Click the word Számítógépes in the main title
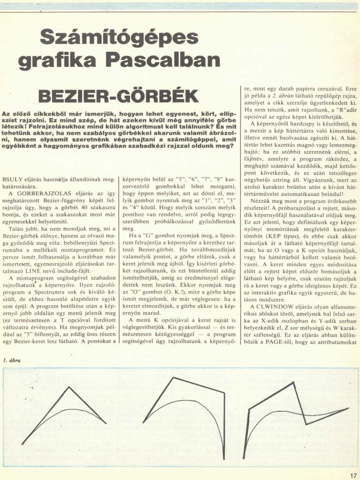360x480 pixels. pos(119,38)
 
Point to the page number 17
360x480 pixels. pos(352,476)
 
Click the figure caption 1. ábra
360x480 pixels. pos(12,360)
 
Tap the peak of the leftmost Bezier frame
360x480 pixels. pos(69,387)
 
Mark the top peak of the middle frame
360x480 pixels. pos(173,377)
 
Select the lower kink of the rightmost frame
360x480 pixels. pos(306,424)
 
